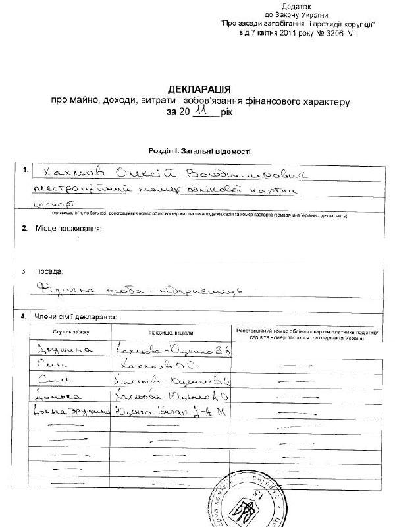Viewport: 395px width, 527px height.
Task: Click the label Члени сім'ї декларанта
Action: click(74, 317)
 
